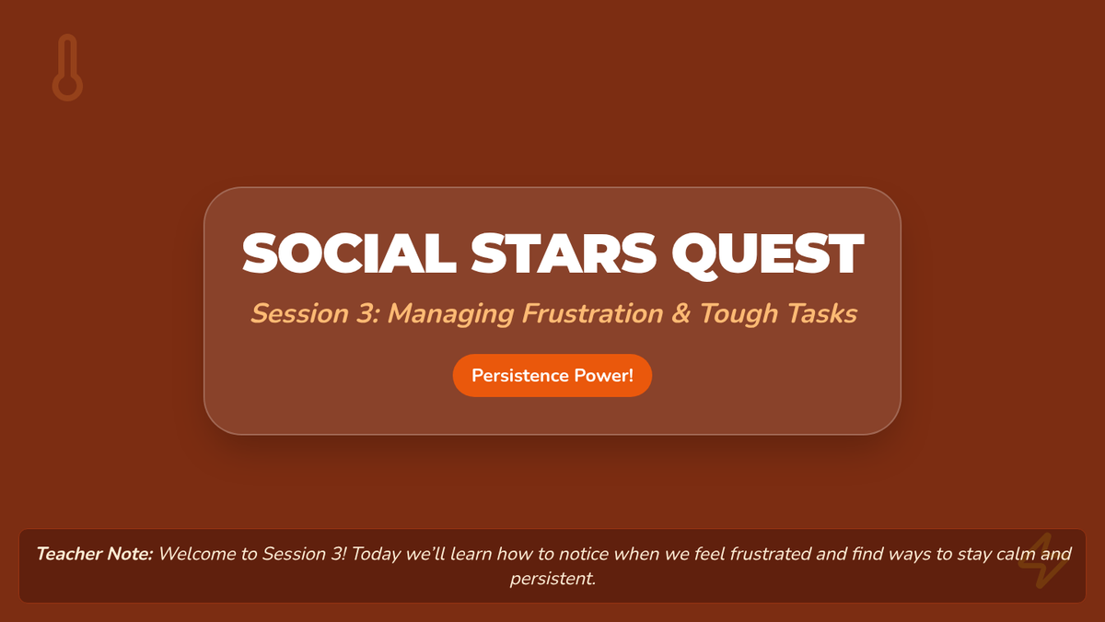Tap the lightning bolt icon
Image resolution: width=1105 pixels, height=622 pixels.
[1041, 561]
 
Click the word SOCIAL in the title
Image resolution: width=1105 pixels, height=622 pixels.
[349, 253]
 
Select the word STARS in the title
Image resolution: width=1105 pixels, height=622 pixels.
[564, 253]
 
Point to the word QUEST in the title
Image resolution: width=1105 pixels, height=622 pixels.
[768, 254]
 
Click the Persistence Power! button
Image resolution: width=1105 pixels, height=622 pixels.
[552, 376]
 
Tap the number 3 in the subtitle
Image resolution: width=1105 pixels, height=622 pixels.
[366, 313]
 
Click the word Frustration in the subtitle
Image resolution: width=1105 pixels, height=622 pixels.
[592, 313]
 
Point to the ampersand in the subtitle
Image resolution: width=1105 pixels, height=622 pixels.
[680, 313]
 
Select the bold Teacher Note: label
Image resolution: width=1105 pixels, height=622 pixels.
[95, 554]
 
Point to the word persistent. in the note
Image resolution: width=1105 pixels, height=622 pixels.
[552, 579]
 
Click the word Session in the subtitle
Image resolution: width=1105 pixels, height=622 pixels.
[300, 313]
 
